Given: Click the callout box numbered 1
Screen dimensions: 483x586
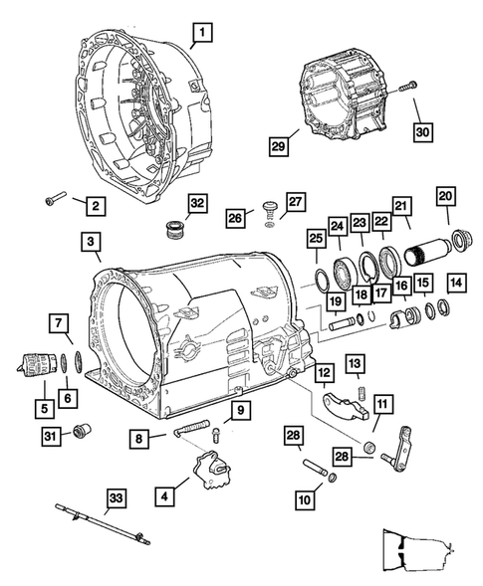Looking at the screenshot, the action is tap(202, 33).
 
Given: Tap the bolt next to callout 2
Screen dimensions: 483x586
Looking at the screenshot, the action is tap(56, 198).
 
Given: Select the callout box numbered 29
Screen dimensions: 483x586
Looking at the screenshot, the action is tap(278, 145).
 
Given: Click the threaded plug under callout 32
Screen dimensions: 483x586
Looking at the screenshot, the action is tap(173, 230).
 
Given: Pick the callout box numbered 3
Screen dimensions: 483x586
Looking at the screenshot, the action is tap(91, 241).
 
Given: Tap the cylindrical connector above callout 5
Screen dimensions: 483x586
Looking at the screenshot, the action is tap(37, 363).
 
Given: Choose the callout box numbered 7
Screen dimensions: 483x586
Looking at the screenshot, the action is tap(59, 323).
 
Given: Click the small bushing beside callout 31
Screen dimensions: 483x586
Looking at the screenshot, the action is tap(82, 431).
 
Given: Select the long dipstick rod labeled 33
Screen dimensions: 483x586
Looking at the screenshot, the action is tap(103, 524).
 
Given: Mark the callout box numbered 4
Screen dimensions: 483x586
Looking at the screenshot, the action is tap(164, 496).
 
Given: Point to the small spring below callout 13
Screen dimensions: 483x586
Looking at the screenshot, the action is tap(362, 394).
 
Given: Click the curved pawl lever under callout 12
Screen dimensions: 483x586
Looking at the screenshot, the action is tap(345, 405).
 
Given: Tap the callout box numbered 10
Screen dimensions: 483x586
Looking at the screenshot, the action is tap(305, 499).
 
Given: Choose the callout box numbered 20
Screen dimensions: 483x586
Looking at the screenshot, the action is tap(445, 196).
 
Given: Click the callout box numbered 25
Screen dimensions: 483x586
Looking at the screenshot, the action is tap(316, 238).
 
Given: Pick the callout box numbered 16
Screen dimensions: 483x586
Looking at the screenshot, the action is tap(401, 287).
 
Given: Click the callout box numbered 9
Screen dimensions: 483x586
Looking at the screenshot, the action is tap(241, 410).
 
